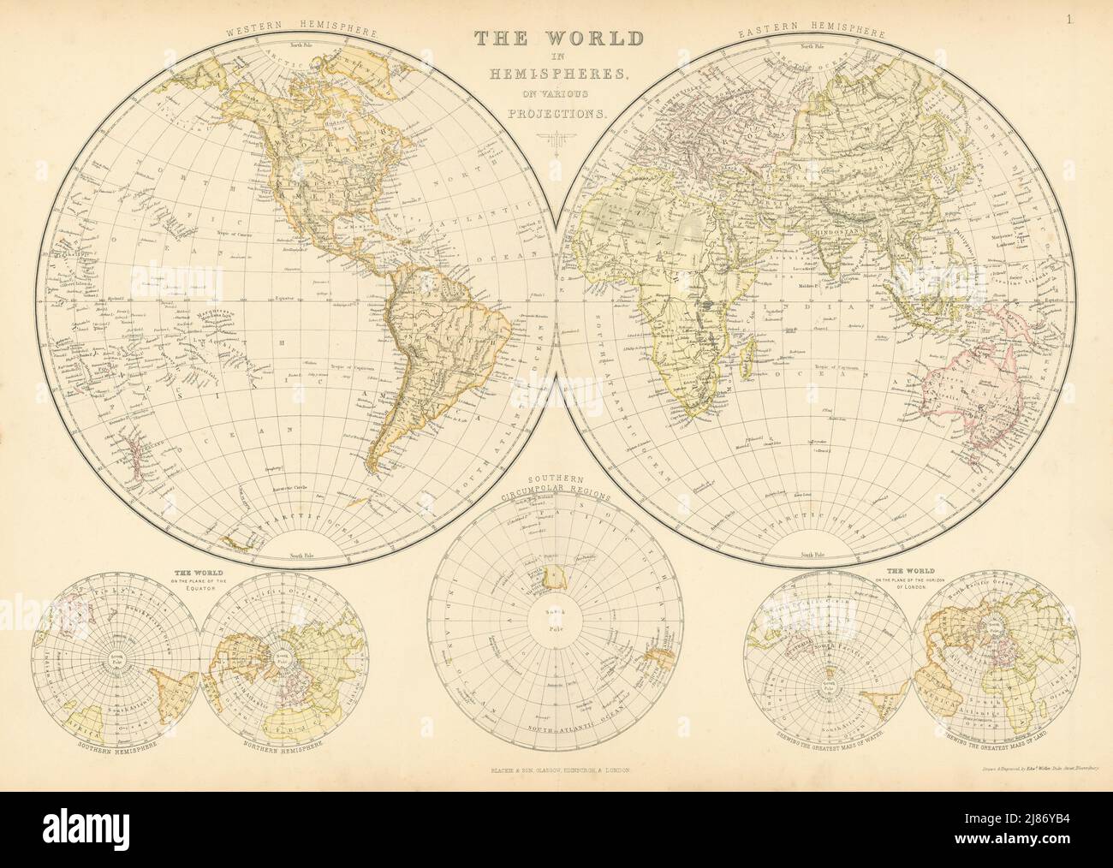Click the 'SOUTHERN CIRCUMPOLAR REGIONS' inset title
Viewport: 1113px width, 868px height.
[556, 487]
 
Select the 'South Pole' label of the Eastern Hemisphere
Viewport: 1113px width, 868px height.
[815, 554]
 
